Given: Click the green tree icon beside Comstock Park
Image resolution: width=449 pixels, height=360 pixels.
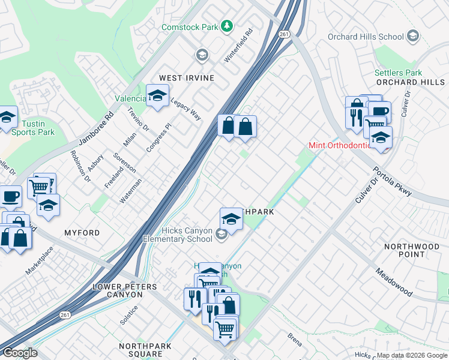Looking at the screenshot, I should tap(227, 26).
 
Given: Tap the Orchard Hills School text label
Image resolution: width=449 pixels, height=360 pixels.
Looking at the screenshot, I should tap(366, 37).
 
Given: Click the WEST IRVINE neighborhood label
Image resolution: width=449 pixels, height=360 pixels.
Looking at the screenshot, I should tap(187, 78).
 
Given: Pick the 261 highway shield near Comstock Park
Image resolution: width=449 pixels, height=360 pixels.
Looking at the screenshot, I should tap(284, 35).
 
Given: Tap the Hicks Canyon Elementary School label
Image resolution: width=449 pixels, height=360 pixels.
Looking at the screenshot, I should tap(178, 235).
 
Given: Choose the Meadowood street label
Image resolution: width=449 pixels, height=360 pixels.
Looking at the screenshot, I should tap(394, 281).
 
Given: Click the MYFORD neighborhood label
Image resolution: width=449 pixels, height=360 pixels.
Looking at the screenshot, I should tap(82, 232).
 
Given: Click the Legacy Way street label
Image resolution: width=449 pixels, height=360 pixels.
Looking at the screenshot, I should tap(186, 109).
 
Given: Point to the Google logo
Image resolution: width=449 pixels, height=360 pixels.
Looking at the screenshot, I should tap(20, 353).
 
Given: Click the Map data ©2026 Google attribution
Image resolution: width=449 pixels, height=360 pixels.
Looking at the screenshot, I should tap(412, 355).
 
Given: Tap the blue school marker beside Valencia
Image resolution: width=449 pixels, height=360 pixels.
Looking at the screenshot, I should tap(157, 97).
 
